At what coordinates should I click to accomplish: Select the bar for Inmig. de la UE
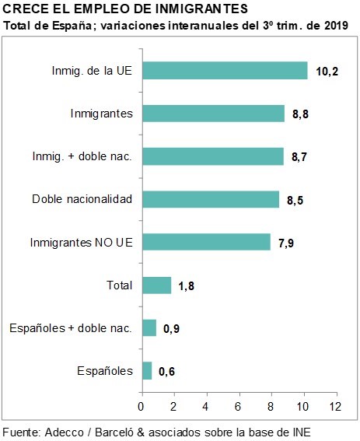point(225,71)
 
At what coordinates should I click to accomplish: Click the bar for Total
point(157,285)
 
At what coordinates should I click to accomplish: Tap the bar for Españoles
point(147,371)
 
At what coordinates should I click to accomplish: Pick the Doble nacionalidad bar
point(211,199)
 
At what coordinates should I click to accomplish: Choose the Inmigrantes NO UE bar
point(207,242)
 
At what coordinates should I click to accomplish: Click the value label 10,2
point(327,72)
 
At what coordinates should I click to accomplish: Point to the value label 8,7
point(299,156)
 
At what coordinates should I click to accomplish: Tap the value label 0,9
point(171,328)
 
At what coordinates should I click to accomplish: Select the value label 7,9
point(286,243)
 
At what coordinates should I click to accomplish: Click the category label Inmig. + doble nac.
point(82,156)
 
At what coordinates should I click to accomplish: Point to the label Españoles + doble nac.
point(71,328)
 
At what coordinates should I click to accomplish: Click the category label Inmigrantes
point(102,114)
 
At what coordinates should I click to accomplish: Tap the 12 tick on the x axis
point(336,407)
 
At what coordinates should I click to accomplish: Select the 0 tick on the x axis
point(141,407)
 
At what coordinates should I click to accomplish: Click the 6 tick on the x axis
point(238,407)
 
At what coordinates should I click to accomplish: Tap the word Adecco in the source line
point(65,432)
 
